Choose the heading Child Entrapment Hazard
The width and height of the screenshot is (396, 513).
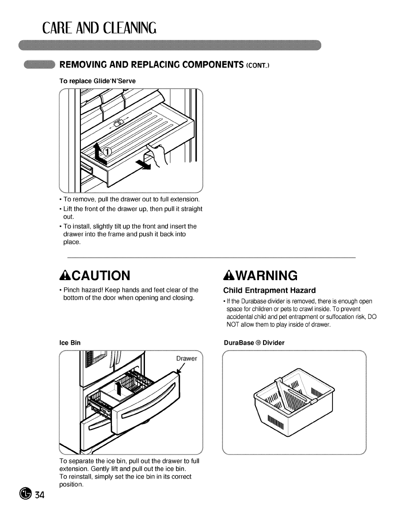click(269, 290)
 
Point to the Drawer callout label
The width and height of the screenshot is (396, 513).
click(186, 359)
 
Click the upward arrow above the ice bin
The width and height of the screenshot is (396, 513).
click(119, 388)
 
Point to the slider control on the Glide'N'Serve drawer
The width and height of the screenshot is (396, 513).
click(119, 122)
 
